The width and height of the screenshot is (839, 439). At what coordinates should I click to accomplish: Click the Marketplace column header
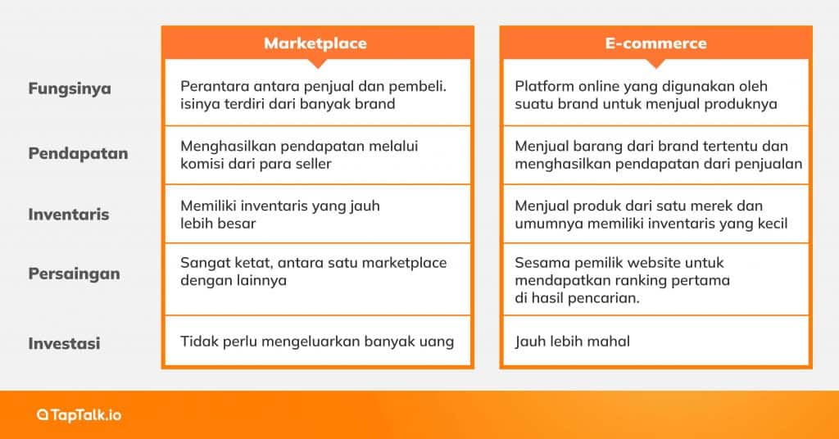click(x=315, y=43)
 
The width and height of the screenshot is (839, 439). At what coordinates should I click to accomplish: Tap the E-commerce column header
click(x=655, y=43)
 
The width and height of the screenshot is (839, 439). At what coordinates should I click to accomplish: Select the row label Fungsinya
click(x=70, y=88)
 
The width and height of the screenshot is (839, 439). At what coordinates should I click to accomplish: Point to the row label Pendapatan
click(x=79, y=153)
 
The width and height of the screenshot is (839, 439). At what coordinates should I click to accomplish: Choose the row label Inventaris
click(x=69, y=215)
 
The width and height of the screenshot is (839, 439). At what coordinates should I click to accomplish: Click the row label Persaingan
click(x=75, y=274)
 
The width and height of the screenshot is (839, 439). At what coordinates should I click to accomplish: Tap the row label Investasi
click(x=65, y=343)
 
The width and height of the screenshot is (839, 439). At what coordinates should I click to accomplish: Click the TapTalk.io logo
click(x=79, y=415)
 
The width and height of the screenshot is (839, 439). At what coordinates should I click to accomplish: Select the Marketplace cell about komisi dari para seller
click(x=316, y=154)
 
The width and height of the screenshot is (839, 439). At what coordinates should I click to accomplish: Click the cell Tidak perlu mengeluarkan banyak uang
click(x=316, y=341)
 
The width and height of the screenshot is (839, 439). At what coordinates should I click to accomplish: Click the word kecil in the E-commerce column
click(x=769, y=223)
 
